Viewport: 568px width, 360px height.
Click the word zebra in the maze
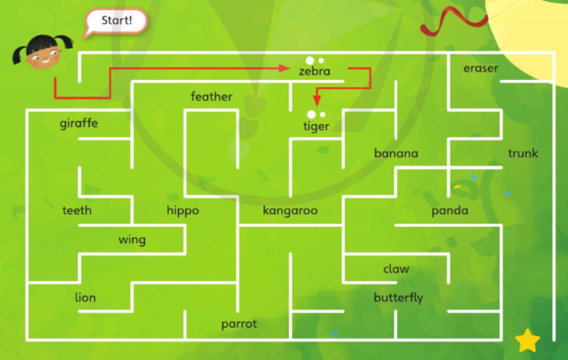315,71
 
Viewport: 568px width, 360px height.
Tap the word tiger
316,126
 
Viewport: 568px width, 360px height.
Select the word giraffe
79,123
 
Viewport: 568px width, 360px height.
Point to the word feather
211,96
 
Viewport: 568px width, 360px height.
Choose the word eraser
481,69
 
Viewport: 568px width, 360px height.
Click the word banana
395,153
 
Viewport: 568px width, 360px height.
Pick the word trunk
523,153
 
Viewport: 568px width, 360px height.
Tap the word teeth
77,210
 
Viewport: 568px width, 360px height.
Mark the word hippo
183,210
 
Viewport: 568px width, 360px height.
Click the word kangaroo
290,210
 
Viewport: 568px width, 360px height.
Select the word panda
450,211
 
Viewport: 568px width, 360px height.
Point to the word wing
132,240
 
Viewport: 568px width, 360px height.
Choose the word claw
396,269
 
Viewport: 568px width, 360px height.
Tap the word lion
85,297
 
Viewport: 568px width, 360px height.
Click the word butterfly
398,298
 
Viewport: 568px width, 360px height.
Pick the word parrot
239,324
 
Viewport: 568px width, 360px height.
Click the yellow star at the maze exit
528,340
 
